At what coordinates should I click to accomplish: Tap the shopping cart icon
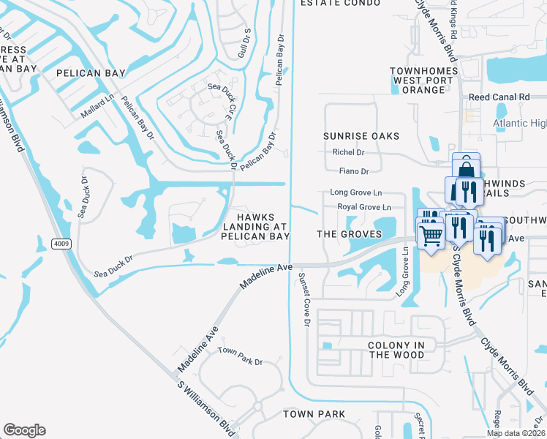(431, 235)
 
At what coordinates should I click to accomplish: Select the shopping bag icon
(466, 168)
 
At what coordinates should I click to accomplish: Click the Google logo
(24, 430)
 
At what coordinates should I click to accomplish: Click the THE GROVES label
(349, 234)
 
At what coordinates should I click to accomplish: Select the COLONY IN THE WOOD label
(396, 350)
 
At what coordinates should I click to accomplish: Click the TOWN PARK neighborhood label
(314, 414)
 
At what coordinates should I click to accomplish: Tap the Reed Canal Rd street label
(499, 97)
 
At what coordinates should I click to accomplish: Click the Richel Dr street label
(347, 153)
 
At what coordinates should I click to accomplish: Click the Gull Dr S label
(246, 43)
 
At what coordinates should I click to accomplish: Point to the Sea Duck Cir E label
(228, 103)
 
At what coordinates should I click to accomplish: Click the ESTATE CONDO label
(341, 4)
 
